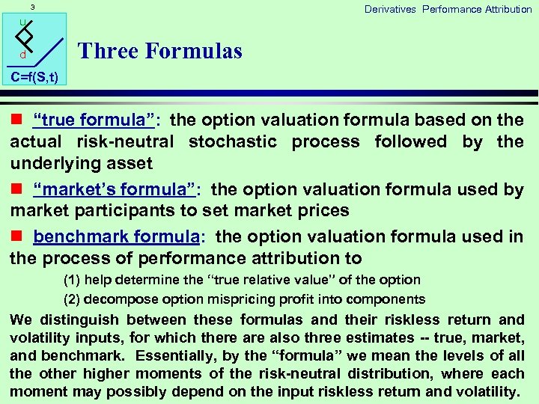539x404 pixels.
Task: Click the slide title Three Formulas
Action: (159, 51)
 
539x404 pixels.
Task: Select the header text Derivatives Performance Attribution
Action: (448, 9)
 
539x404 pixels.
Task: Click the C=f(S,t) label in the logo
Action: (34, 77)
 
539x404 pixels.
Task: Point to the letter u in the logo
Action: (22, 22)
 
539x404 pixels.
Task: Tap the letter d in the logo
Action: (22, 55)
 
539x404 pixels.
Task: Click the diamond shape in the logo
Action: (26, 36)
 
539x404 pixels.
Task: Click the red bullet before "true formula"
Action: (15, 120)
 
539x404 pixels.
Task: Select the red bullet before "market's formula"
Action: (15, 190)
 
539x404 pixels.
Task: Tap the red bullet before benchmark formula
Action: (15, 237)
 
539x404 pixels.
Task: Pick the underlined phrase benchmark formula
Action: (116, 237)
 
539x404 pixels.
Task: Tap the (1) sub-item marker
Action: (73, 280)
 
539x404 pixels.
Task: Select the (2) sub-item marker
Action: (73, 299)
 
